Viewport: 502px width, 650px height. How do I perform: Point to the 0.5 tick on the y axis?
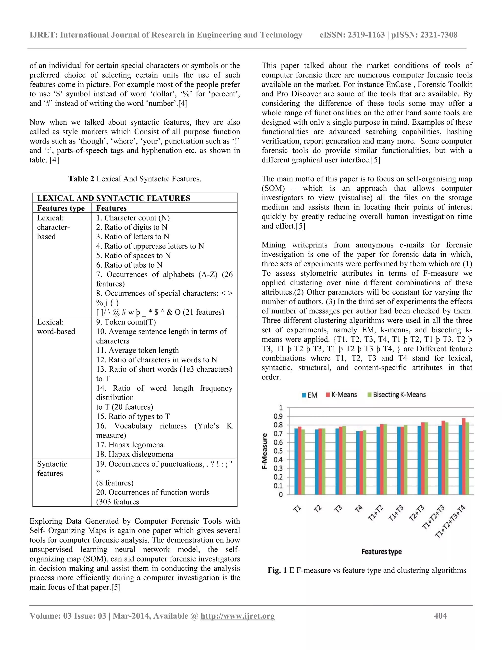(279, 451)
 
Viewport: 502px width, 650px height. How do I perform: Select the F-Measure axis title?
(264, 451)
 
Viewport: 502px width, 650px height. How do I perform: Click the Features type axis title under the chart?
(382, 551)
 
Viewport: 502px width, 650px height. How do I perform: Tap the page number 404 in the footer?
(440, 616)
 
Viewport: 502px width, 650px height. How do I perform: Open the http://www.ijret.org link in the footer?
(237, 616)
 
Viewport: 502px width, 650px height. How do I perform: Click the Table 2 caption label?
(81, 179)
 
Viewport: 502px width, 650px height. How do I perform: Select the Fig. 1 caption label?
(277, 570)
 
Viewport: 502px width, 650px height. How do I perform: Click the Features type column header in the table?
(61, 208)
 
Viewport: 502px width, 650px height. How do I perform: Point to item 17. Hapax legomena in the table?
(130, 445)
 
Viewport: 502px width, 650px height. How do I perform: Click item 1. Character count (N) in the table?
(133, 218)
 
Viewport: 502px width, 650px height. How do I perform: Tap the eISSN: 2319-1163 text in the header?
(352, 35)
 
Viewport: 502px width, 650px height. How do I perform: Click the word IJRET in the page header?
(43, 35)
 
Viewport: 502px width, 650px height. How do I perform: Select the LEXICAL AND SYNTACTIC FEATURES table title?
(113, 198)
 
